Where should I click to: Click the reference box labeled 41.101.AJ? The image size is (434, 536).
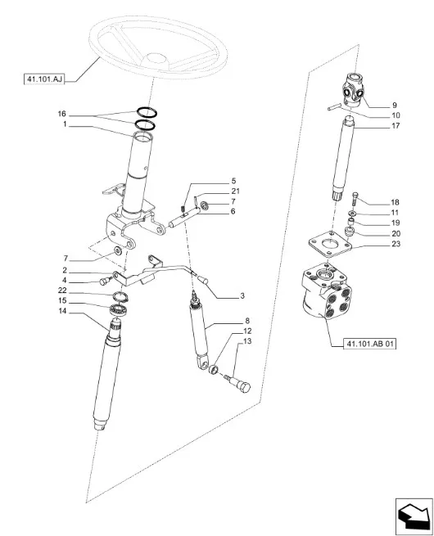(44, 79)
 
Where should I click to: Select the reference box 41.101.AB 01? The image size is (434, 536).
(369, 344)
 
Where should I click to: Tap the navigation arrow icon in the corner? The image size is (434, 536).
(414, 517)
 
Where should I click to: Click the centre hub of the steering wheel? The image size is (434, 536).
(155, 60)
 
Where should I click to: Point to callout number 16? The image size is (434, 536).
(62, 114)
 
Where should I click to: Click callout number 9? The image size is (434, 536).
(395, 105)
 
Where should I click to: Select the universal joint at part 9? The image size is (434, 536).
(353, 91)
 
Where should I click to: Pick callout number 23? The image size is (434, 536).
(396, 244)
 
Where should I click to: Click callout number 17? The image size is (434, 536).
(396, 126)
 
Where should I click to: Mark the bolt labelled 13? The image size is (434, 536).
(238, 383)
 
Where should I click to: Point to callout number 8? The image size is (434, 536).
(247, 321)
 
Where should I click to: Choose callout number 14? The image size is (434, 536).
(62, 311)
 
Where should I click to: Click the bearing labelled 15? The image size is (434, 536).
(119, 309)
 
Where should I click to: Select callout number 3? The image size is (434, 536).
(242, 295)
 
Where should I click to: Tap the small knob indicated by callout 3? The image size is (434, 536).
(202, 281)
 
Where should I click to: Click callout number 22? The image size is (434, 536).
(62, 291)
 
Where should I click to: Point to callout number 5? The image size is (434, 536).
(233, 181)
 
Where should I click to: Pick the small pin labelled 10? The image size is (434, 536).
(333, 107)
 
